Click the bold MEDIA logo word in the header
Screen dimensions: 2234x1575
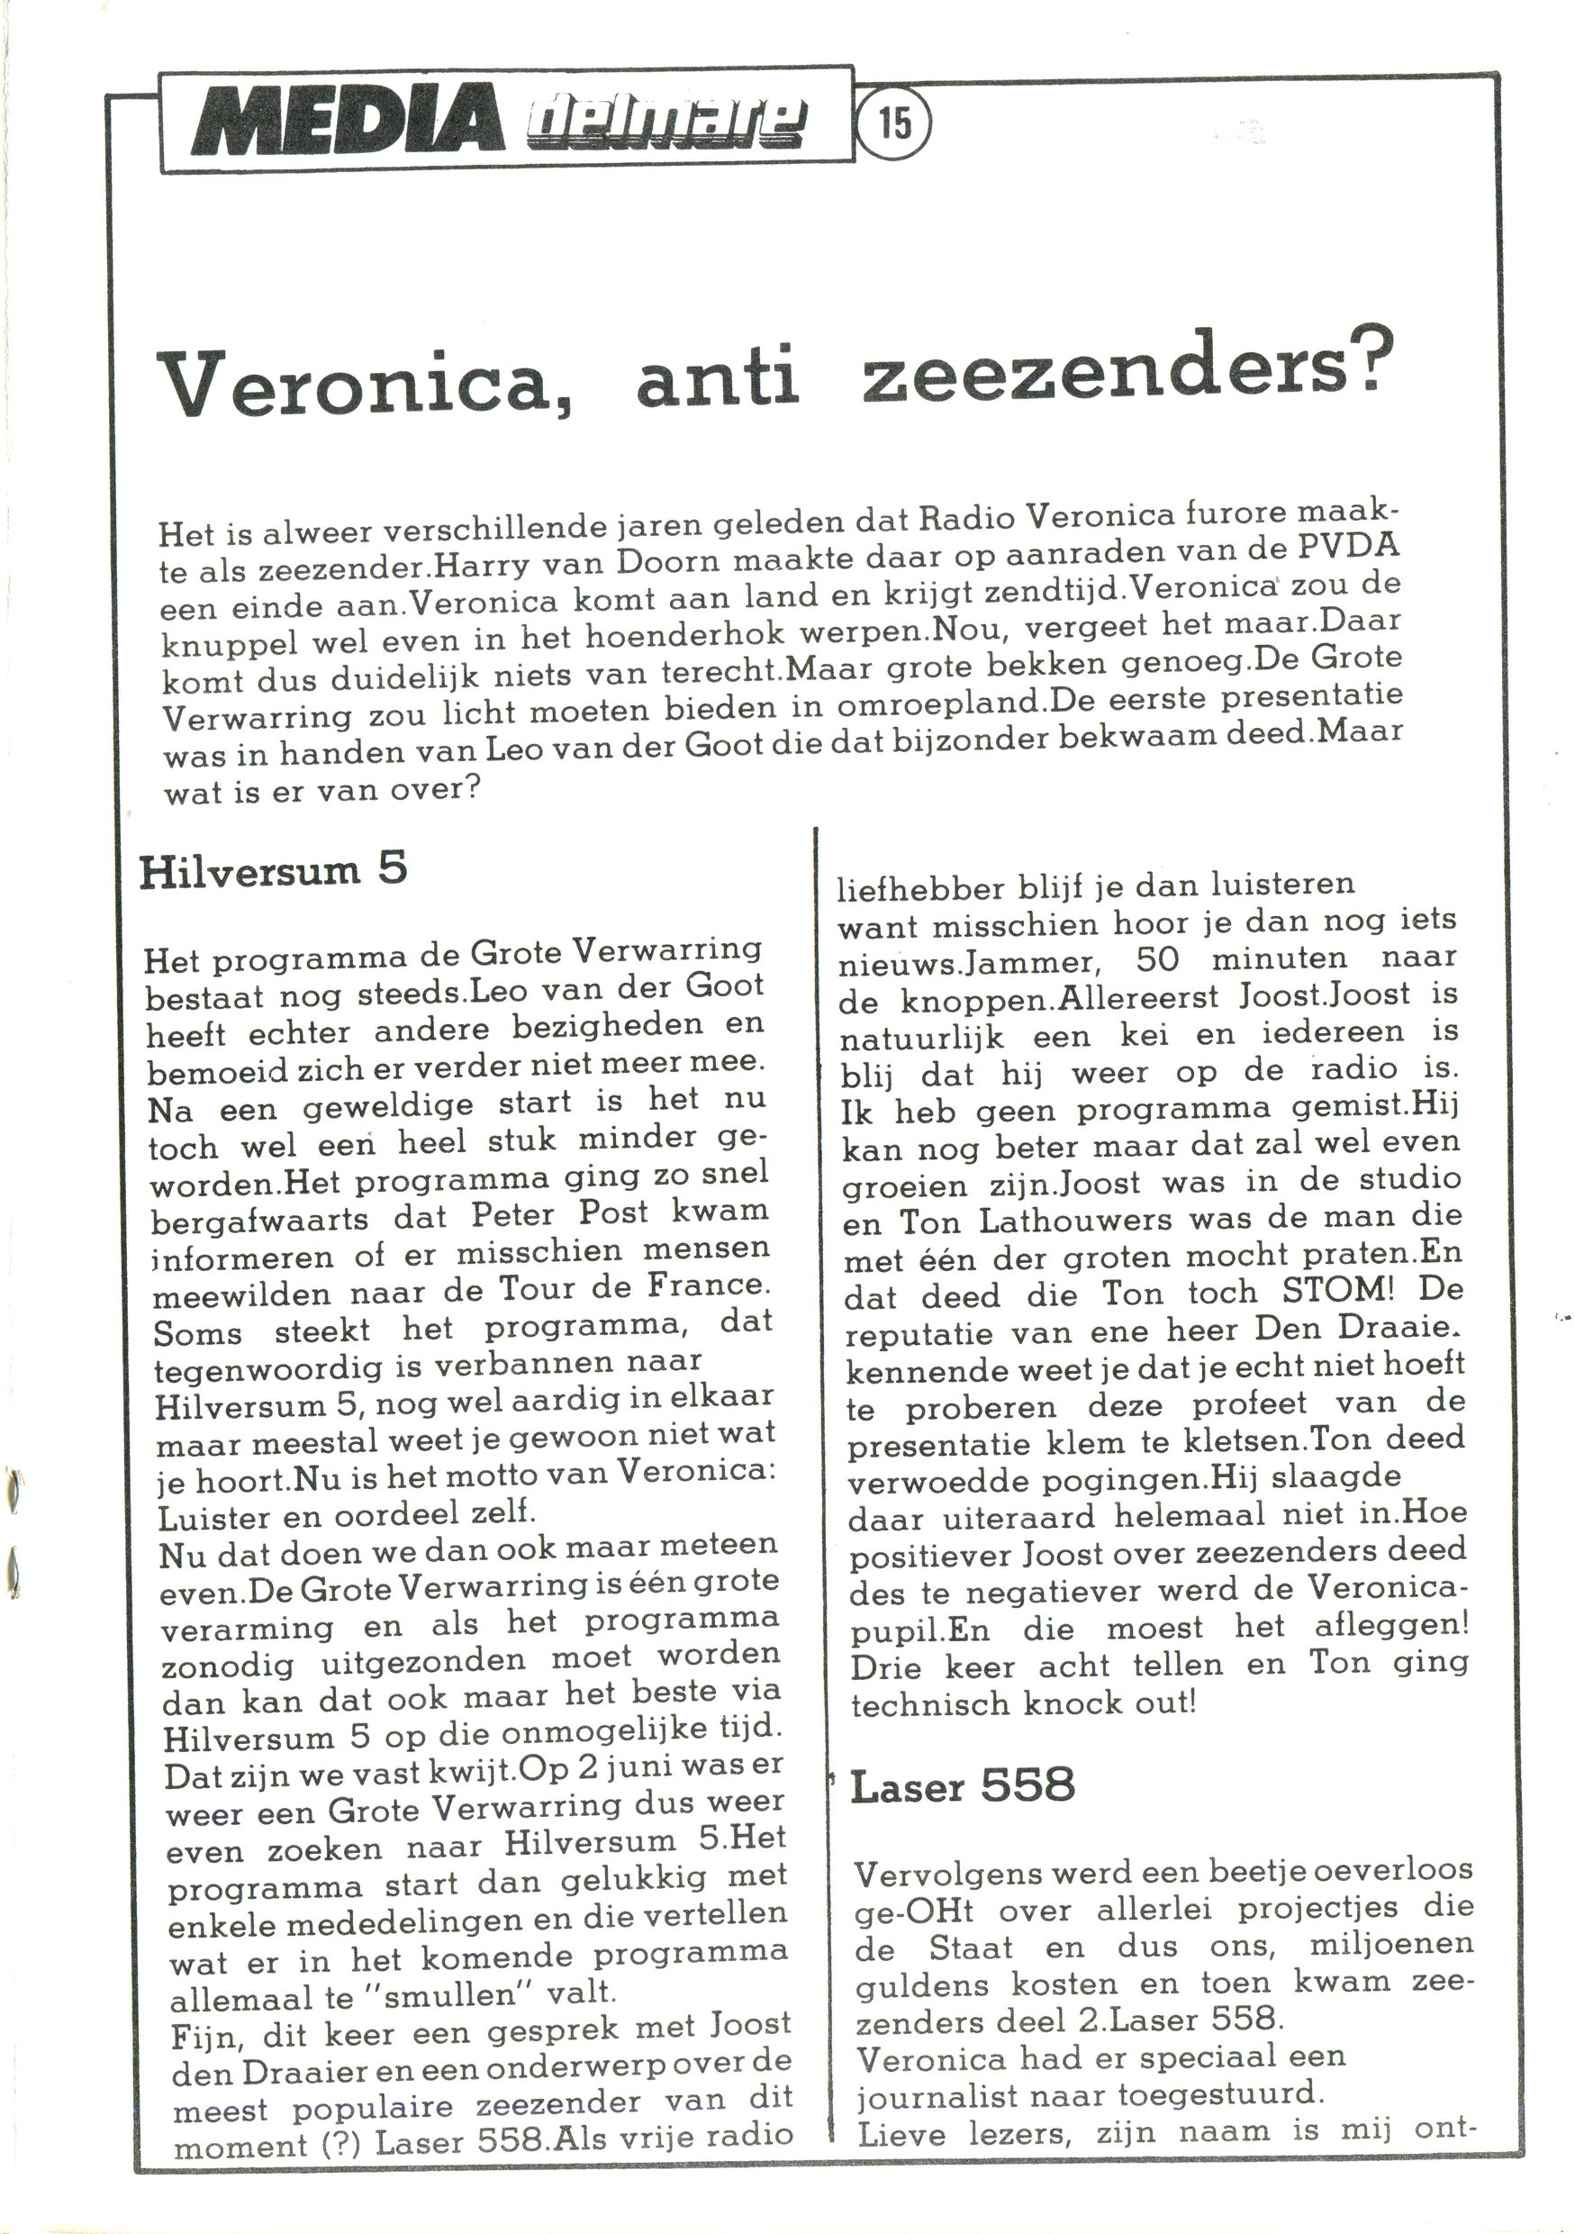(348, 123)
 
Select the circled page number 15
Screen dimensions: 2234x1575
(894, 123)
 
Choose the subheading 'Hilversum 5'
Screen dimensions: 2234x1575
(274, 870)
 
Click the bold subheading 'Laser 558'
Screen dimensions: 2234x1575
(962, 1785)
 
